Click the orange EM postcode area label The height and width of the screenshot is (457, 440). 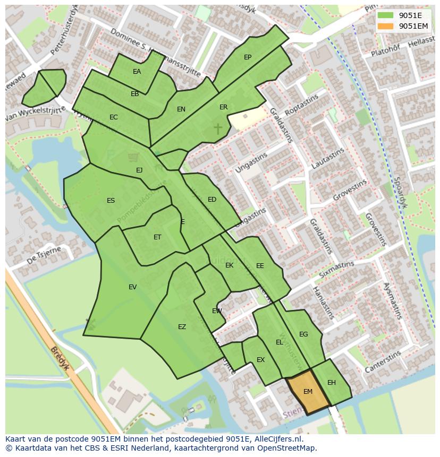[x=308, y=392]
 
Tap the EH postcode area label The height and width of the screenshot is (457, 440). [x=332, y=383]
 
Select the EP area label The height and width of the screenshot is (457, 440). [x=248, y=57]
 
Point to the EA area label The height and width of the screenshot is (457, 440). [x=137, y=72]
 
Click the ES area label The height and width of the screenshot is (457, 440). [x=111, y=201]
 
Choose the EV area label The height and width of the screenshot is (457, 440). [x=132, y=287]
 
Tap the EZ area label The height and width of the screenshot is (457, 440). [x=182, y=327]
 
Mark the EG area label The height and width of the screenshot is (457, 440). [x=303, y=334]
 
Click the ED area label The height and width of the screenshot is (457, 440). [x=212, y=200]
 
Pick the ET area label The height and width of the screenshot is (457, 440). [x=157, y=237]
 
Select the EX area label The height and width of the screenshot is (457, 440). [x=260, y=360]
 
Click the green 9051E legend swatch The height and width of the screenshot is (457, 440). [x=385, y=15]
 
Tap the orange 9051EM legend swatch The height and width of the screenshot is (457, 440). [x=385, y=26]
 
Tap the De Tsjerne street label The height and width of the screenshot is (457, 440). [x=44, y=255]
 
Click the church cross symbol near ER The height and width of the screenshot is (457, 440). [x=218, y=128]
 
